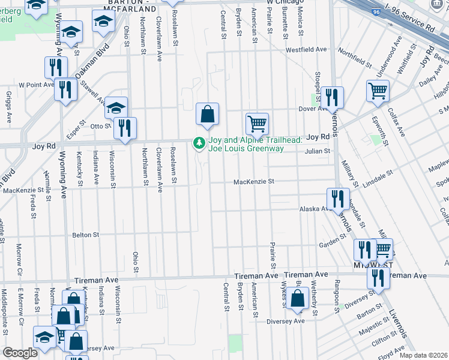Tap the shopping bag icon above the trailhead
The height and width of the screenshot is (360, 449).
pos(207,113)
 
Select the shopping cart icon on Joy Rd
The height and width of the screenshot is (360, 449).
pos(257,123)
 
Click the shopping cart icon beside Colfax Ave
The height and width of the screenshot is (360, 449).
pos(378,91)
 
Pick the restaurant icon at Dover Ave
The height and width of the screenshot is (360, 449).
pos(331,97)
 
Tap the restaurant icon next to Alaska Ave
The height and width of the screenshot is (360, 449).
pos(337,199)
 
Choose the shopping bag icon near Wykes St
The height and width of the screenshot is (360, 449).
pos(297,298)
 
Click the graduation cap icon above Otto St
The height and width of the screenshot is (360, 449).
pos(116,107)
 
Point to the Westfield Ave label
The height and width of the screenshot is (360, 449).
pos(306,50)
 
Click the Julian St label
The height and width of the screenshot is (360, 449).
pos(318,151)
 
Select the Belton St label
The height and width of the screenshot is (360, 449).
pos(85,235)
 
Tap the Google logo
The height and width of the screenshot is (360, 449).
pos(20,353)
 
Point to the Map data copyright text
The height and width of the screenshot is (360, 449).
pos(423,355)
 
